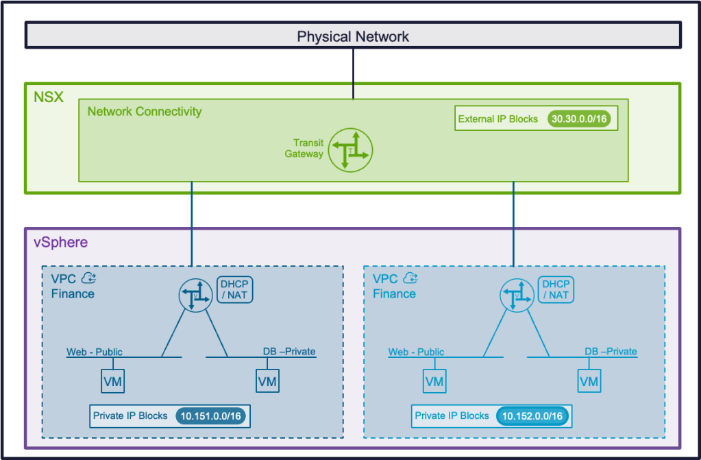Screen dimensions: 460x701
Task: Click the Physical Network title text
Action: pyautogui.click(x=353, y=36)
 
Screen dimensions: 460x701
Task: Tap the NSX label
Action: pyautogui.click(x=49, y=97)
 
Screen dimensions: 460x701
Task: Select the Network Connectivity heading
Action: pyautogui.click(x=145, y=111)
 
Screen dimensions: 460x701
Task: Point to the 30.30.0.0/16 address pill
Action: pyautogui.click(x=579, y=119)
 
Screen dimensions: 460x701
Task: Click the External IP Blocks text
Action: pyautogui.click(x=498, y=119)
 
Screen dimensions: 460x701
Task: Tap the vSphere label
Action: pyautogui.click(x=61, y=243)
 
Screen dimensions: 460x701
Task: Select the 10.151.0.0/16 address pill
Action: pyautogui.click(x=212, y=416)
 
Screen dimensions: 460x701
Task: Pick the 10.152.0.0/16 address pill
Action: pyautogui.click(x=532, y=416)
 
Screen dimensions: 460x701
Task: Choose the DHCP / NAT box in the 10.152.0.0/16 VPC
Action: pyautogui.click(x=554, y=289)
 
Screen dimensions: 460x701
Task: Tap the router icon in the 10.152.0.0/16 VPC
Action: pyautogui.click(x=515, y=295)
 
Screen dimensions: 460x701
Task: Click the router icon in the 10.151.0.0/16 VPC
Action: pyautogui.click(x=194, y=295)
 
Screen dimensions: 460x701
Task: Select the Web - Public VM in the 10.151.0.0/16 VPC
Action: pyautogui.click(x=113, y=381)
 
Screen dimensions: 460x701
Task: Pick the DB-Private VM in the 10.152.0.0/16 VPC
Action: pyautogui.click(x=589, y=381)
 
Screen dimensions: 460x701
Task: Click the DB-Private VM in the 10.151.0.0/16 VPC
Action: pyautogui.click(x=267, y=381)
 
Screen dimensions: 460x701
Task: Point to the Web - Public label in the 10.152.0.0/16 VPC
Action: pyautogui.click(x=416, y=352)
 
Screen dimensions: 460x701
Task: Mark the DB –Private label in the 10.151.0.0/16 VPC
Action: pyautogui.click(x=289, y=352)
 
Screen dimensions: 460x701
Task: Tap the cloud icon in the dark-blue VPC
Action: pyautogui.click(x=88, y=278)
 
